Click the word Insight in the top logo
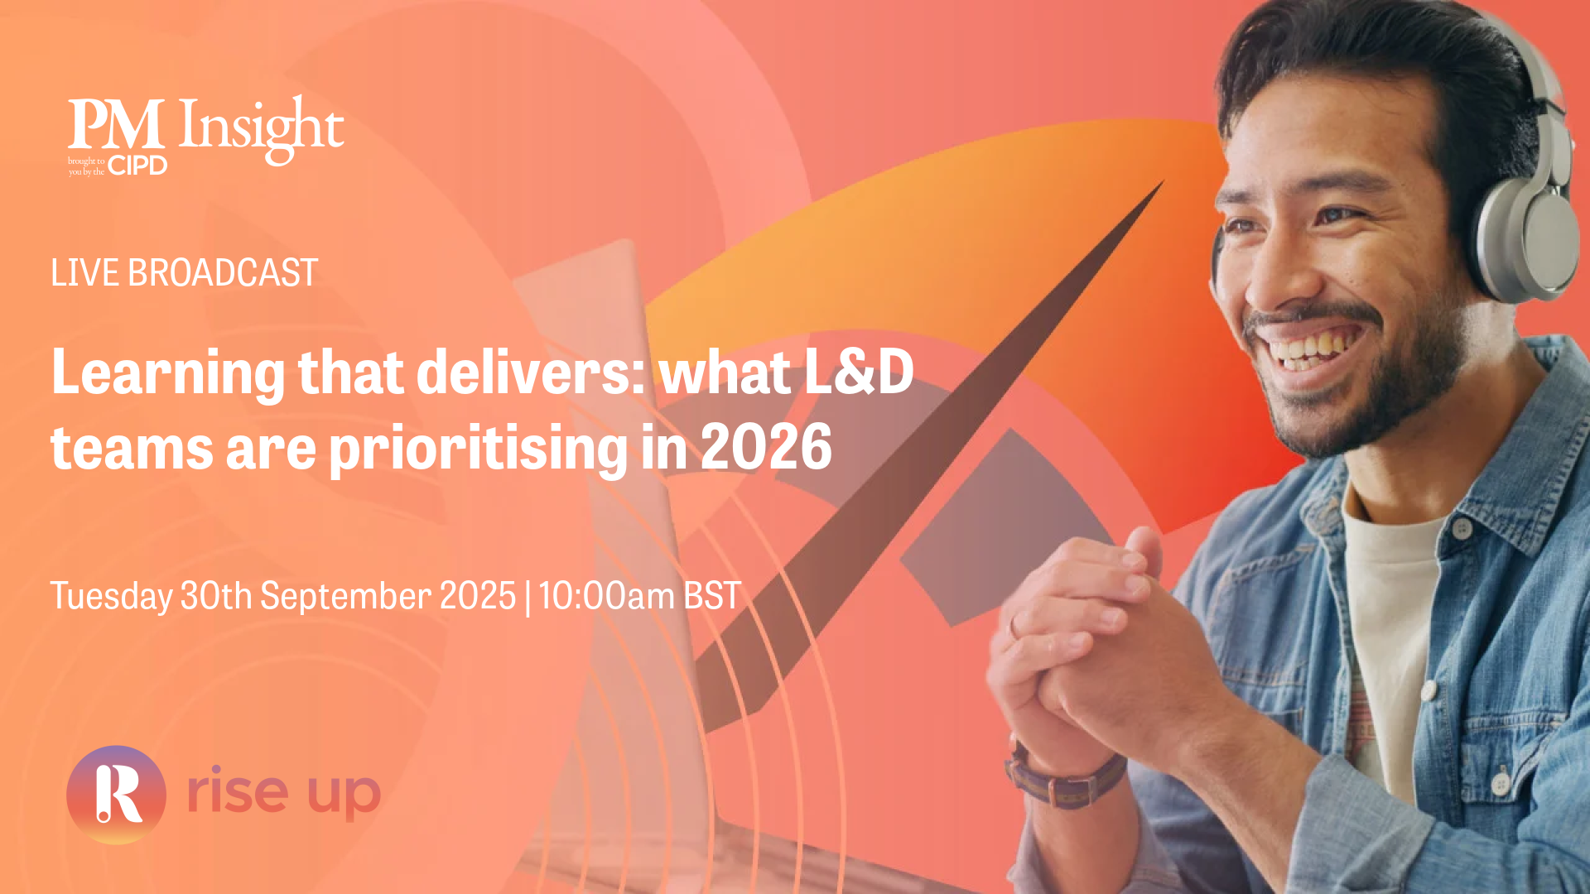click(261, 129)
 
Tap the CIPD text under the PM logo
click(137, 166)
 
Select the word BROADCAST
click(223, 272)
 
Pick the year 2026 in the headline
click(766, 447)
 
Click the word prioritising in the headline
click(479, 449)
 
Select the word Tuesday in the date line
click(111, 597)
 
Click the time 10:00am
click(606, 596)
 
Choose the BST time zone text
click(712, 596)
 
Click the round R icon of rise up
click(116, 795)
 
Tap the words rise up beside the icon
click(283, 792)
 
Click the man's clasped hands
click(1101, 646)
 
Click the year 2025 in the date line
click(478, 596)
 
